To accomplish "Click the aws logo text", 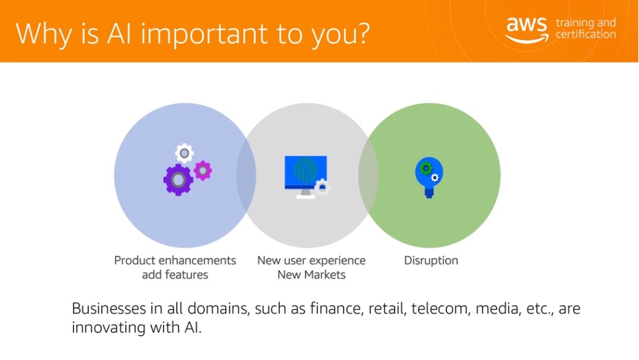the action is pos(527,24).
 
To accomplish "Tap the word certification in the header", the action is pos(586,34).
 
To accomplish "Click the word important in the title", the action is pos(204,35).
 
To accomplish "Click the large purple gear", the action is pos(178,179).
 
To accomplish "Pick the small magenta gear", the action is pos(202,170).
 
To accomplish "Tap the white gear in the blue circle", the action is pos(184,153).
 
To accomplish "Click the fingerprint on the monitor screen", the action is pos(305,170).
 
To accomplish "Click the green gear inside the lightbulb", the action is pos(426,168).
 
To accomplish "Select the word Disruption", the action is pos(431,260).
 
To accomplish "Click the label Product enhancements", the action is pos(175,260).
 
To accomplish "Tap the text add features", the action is pos(175,275).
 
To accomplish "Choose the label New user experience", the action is pos(312,260).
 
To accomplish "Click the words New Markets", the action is pos(312,275).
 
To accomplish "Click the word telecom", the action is pos(440,308).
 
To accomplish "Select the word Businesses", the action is pos(109,308).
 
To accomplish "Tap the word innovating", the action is pos(108,327).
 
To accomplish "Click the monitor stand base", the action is pos(305,197).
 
